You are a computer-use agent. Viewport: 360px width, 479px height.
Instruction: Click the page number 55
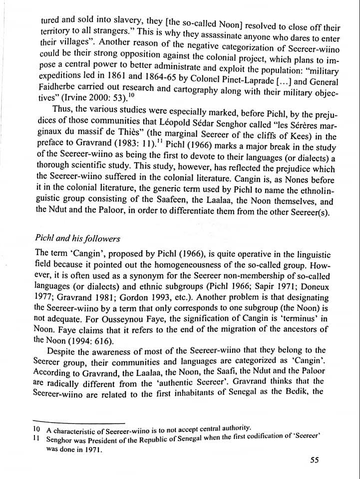pyautogui.click(x=314, y=460)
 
